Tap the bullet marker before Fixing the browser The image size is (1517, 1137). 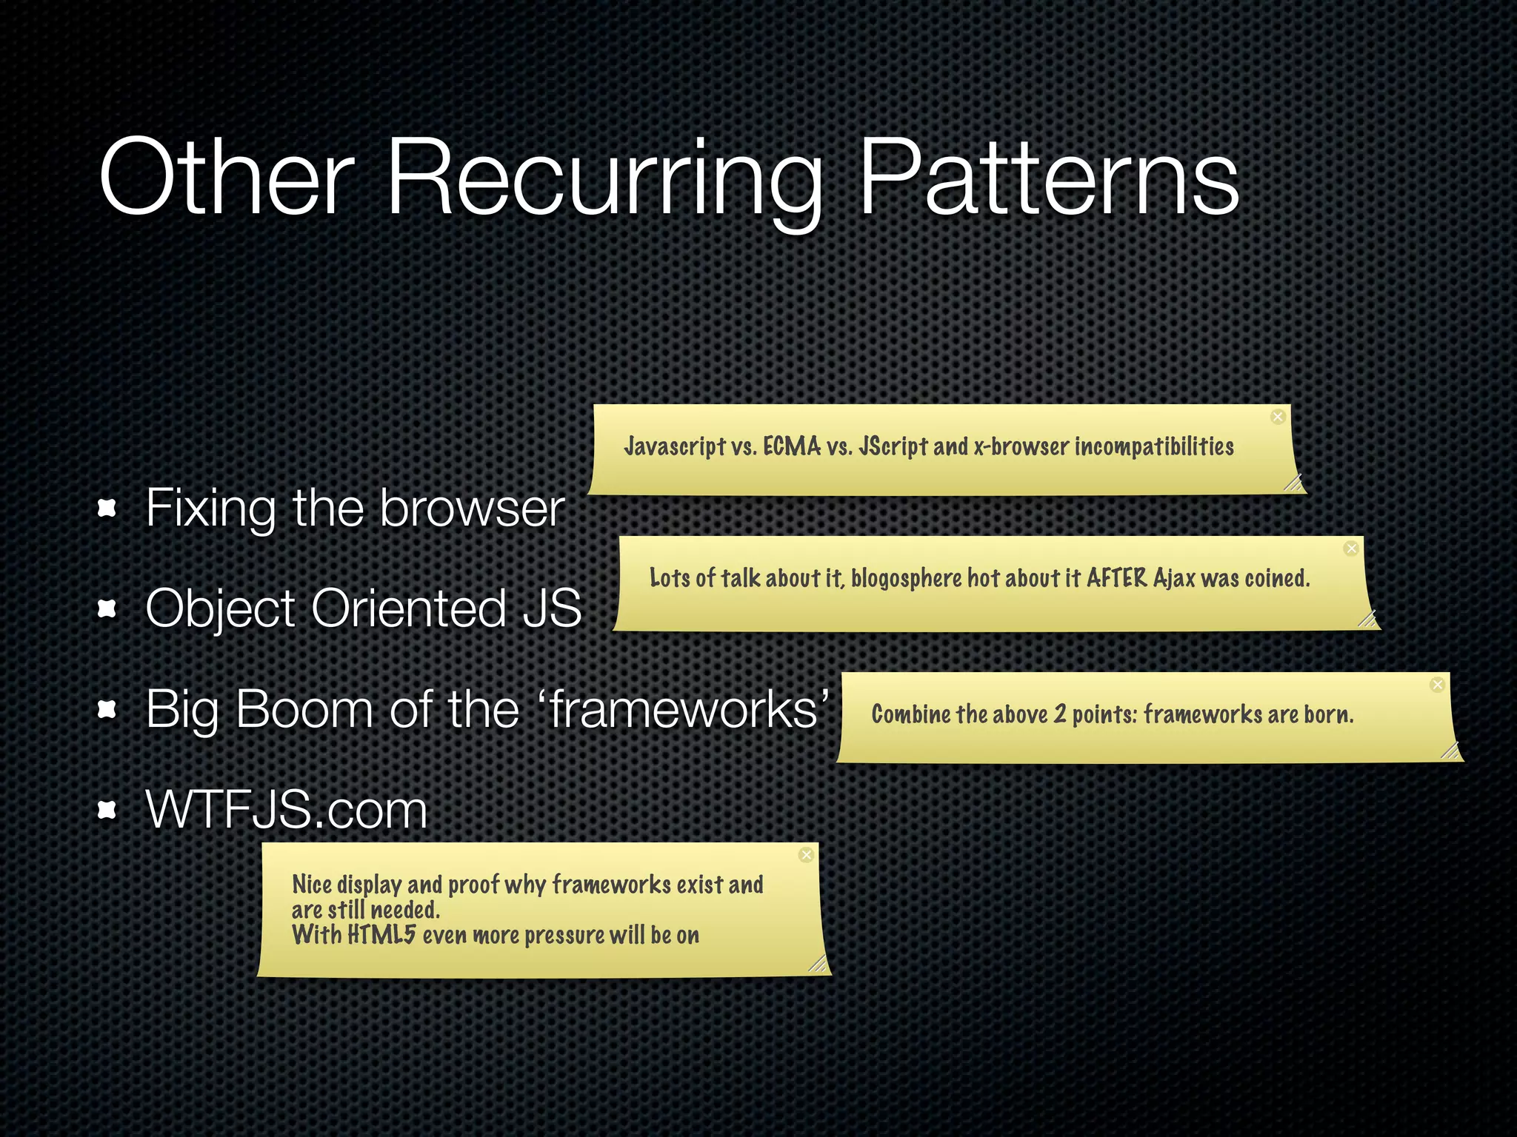coord(108,508)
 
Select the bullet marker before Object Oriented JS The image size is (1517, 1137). coord(108,608)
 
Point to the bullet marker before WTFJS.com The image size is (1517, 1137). coord(108,811)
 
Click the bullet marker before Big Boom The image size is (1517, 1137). coord(108,710)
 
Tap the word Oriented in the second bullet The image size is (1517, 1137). coord(408,608)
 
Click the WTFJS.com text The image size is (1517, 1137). coord(287,810)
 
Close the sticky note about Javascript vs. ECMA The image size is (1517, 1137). coord(1278,417)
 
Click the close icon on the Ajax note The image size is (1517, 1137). coord(1351,549)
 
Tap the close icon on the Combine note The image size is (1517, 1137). coord(1437,685)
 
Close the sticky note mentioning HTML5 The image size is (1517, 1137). coord(807,855)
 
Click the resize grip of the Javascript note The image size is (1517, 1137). coord(1293,483)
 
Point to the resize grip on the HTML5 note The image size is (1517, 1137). coord(817,963)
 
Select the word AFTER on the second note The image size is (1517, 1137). coord(1117,578)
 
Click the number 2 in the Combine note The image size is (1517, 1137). coord(1060,714)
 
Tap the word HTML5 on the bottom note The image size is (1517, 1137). coord(381,935)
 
